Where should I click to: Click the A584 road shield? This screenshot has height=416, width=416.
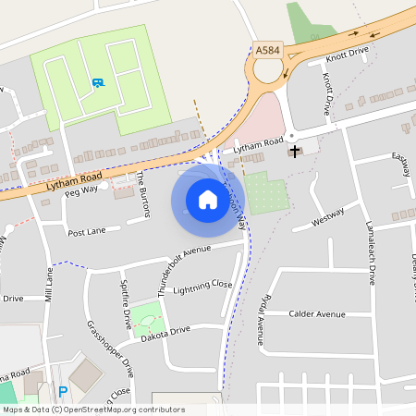point(267,50)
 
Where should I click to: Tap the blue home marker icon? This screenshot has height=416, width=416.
point(208,199)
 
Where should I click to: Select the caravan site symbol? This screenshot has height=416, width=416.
point(97,82)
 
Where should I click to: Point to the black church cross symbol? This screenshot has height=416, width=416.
point(295,151)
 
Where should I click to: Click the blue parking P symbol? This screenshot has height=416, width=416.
point(63,391)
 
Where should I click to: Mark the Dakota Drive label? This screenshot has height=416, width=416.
point(166,329)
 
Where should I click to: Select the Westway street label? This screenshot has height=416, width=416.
point(328,218)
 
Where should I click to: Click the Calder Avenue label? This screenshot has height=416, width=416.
point(317,314)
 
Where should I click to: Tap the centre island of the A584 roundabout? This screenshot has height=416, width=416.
point(268,70)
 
